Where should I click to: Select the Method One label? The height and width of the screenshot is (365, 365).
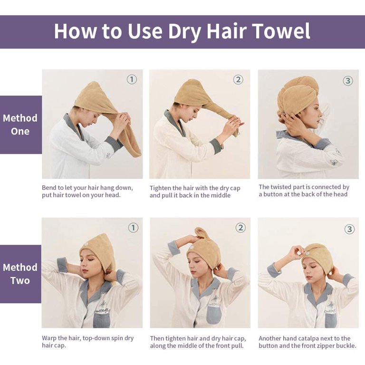coord(20,125)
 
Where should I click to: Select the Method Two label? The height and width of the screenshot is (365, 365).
coord(20,274)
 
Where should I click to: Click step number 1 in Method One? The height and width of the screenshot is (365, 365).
coord(132,79)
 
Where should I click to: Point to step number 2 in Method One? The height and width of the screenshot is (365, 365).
coord(238,80)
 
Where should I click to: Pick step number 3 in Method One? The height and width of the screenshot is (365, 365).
coord(348,81)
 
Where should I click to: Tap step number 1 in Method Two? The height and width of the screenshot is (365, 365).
coord(133,228)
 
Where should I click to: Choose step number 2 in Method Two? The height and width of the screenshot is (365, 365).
coord(241,228)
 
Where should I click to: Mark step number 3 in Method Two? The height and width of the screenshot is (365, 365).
coord(349,230)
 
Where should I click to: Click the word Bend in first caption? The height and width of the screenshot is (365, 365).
coord(50,188)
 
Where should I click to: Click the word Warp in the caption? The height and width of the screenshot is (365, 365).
coord(50,338)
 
